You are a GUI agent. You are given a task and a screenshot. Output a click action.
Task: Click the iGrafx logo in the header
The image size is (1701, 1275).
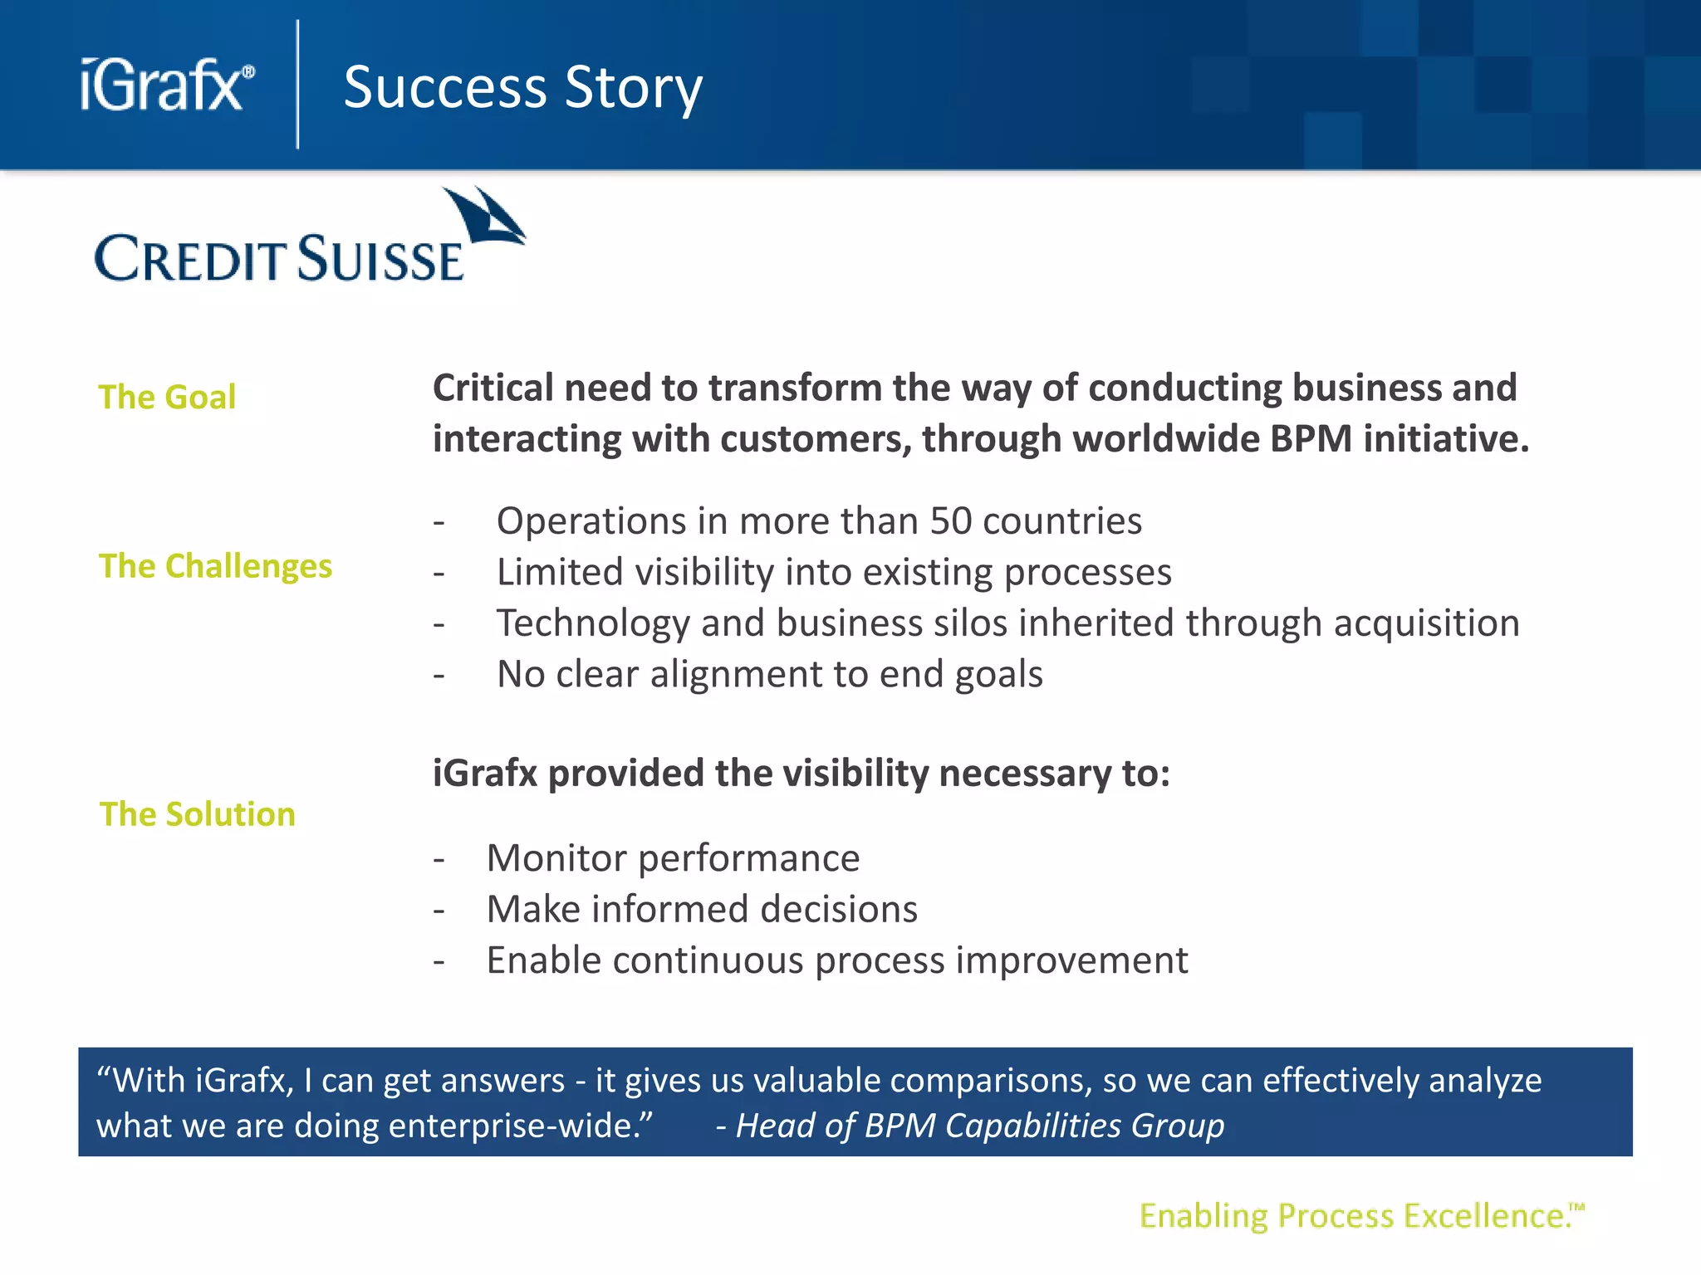(x=166, y=85)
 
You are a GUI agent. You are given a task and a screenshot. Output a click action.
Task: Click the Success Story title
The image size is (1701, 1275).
(x=522, y=87)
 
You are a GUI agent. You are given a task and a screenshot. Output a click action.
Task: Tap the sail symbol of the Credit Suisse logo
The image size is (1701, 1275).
(x=487, y=216)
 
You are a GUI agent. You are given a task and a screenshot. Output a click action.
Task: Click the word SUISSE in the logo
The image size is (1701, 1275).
(x=380, y=260)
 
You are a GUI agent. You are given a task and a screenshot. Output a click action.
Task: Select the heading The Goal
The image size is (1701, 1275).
(x=167, y=397)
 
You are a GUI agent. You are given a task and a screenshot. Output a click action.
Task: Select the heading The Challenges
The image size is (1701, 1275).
(x=215, y=566)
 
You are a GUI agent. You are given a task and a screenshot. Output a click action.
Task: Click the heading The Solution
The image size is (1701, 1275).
(x=197, y=814)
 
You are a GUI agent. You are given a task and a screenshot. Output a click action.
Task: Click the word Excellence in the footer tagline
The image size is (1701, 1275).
(x=1483, y=1216)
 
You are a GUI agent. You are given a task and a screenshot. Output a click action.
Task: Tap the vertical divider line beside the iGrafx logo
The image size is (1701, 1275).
(x=297, y=85)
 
